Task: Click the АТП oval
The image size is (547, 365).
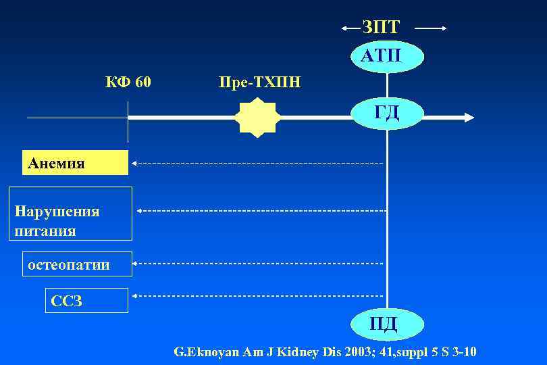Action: pos(387,55)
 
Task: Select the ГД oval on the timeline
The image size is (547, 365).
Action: pos(387,113)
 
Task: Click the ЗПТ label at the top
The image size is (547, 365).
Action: pos(381,27)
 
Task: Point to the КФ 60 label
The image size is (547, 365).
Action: pos(128,82)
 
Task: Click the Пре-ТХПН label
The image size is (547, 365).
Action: pos(260,82)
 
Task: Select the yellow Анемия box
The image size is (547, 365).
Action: pos(75,163)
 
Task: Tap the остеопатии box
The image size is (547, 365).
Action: pos(77,265)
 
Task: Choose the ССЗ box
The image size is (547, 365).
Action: pos(86,301)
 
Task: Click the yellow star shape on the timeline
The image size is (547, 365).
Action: pos(256,118)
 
